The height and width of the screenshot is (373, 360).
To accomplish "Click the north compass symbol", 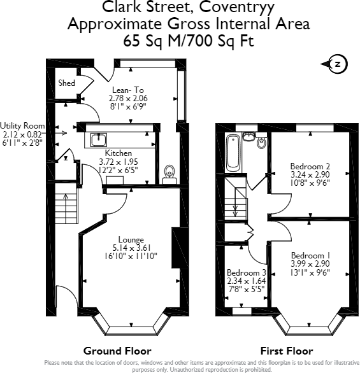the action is click(x=336, y=64).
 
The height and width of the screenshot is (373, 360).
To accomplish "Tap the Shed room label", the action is click(x=67, y=83).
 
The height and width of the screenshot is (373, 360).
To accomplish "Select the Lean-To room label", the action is click(x=128, y=90).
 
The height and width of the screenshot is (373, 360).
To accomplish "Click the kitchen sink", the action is click(x=99, y=139).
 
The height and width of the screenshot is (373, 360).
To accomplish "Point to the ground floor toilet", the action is click(x=169, y=174).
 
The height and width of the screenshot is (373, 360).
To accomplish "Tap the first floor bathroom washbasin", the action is click(x=248, y=137).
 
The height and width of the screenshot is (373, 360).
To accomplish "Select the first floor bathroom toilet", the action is click(x=261, y=141).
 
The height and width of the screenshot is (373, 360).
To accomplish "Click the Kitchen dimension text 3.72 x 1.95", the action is click(x=119, y=162).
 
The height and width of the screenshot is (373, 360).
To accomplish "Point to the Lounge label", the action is click(x=131, y=239).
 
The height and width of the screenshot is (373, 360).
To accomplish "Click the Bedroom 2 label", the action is click(x=310, y=165).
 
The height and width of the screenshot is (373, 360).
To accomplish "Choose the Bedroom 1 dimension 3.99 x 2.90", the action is click(x=310, y=264).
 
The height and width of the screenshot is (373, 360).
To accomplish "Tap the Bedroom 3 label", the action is click(x=246, y=272).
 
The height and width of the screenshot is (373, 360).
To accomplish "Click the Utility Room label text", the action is click(x=22, y=125).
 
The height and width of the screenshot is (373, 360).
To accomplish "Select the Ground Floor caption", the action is click(x=117, y=351).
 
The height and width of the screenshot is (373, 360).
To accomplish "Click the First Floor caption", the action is click(x=287, y=351).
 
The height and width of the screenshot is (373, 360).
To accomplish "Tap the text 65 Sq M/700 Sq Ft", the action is click(x=189, y=41).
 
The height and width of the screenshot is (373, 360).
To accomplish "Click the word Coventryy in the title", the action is click(x=236, y=7).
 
